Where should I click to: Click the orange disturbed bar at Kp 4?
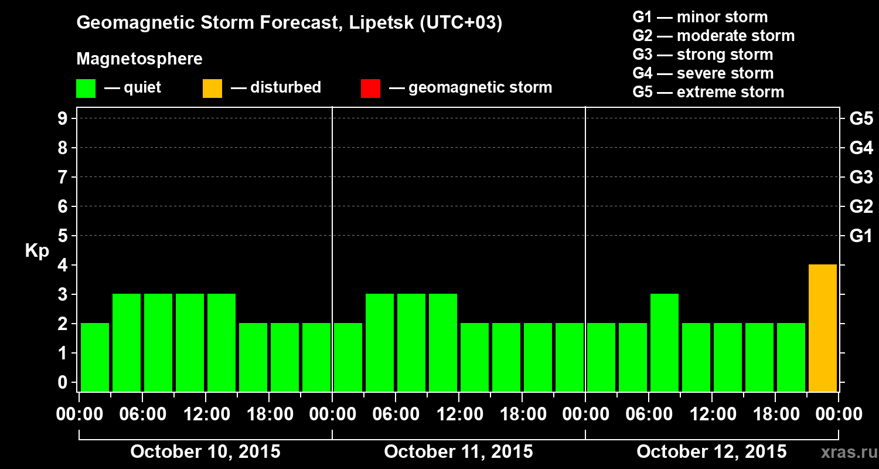tap(822, 328)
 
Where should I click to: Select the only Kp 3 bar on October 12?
tap(664, 342)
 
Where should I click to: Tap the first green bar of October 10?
tap(95, 357)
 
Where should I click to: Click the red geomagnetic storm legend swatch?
tap(370, 89)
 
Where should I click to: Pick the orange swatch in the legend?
tap(212, 89)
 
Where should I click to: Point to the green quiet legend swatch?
tap(86, 89)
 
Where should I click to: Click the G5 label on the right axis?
tap(861, 119)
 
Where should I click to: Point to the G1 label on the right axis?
tap(861, 236)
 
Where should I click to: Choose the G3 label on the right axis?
tap(861, 178)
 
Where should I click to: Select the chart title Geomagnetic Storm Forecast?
tap(289, 23)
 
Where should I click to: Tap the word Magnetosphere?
tap(139, 59)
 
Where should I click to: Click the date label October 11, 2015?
tap(458, 452)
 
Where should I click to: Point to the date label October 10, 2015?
tap(205, 452)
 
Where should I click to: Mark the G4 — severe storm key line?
tap(703, 73)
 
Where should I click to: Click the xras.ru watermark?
tap(846, 453)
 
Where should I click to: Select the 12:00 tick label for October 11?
tap(459, 414)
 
